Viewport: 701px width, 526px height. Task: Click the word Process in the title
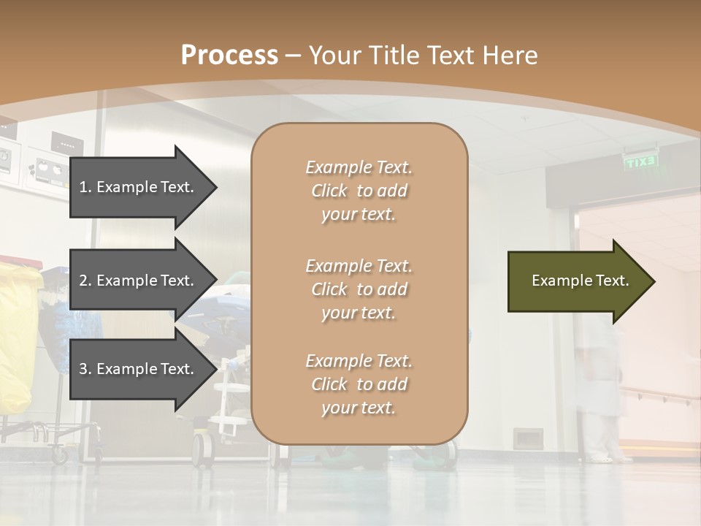point(229,55)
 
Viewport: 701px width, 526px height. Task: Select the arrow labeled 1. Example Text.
point(139,187)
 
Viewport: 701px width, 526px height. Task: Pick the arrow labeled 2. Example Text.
point(139,281)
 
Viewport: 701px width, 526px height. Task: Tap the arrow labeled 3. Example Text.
point(139,369)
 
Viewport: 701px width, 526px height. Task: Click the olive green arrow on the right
point(577,281)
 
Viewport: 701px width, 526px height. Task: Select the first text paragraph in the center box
point(359,191)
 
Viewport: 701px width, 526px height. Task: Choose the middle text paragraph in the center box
point(359,289)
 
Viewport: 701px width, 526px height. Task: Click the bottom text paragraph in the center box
point(359,384)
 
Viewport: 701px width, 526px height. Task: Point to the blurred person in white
point(600,394)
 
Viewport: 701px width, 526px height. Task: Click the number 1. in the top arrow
point(85,187)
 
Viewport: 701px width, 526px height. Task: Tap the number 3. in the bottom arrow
point(85,369)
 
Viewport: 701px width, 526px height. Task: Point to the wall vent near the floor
point(527,438)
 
